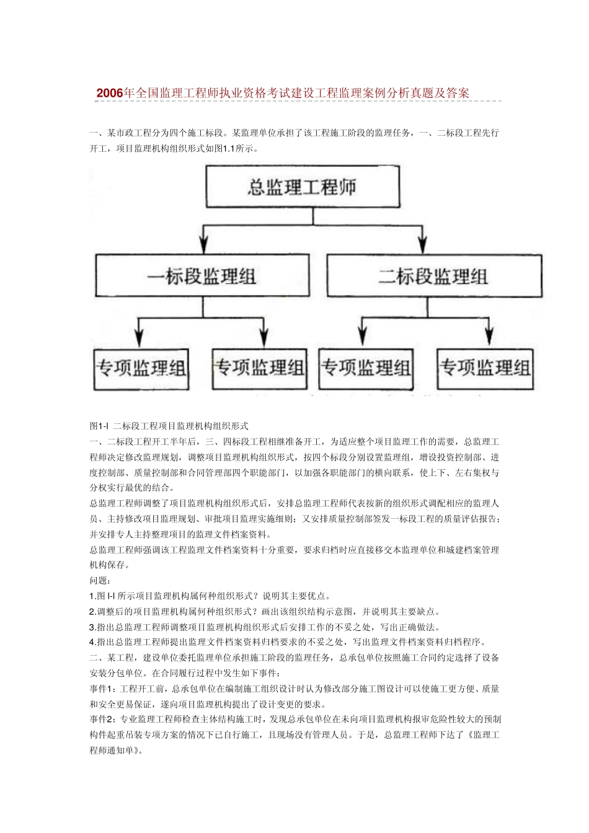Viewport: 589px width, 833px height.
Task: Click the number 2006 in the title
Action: coord(110,93)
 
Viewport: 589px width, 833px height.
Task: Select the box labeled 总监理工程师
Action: coord(303,187)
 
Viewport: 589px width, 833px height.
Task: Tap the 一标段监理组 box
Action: coord(201,276)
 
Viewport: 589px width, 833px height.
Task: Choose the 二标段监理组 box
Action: coord(433,276)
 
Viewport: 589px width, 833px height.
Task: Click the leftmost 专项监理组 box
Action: coord(141,368)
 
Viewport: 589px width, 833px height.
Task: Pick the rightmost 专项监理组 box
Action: coord(485,368)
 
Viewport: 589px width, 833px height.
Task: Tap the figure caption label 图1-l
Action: coord(99,426)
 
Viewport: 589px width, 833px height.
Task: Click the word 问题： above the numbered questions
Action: coord(100,581)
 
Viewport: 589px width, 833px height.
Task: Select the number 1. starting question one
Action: coord(92,596)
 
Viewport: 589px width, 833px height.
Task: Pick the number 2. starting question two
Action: coord(92,612)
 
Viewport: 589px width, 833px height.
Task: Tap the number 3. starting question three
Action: coord(92,627)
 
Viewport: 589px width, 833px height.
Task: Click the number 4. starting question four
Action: coord(92,642)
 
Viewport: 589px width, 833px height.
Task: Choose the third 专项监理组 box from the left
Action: coord(366,368)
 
